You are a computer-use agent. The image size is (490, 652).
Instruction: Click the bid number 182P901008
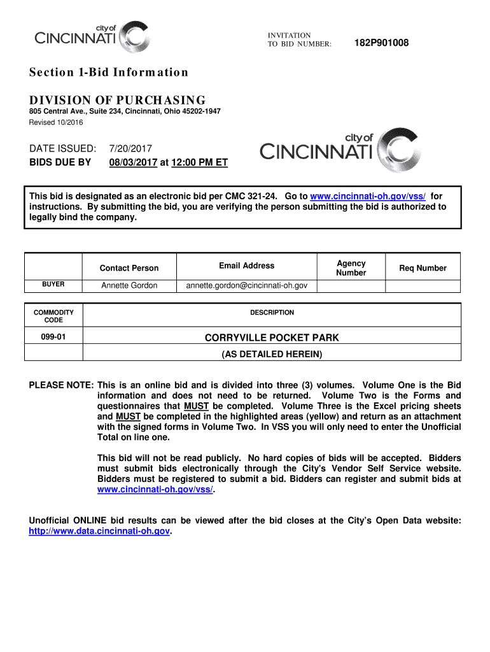pos(381,43)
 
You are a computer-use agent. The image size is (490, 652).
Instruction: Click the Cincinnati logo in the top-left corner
pos(93,38)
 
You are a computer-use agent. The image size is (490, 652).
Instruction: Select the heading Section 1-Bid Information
pos(109,72)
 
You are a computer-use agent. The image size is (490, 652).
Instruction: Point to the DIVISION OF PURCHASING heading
pos(118,100)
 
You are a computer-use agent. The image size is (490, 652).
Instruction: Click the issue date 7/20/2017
pos(130,148)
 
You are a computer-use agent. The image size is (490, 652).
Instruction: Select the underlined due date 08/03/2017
pos(133,162)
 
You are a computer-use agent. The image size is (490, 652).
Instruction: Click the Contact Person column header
pos(129,268)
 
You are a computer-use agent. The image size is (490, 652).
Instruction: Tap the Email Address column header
pos(246,266)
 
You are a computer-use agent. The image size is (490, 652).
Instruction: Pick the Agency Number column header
pos(351,268)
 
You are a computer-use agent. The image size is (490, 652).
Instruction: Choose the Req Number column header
pos(423,268)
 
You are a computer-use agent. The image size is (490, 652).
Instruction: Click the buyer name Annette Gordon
pos(129,285)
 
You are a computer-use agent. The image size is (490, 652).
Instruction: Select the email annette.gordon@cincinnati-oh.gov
pos(246,285)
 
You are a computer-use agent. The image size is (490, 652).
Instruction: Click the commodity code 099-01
pos(53,337)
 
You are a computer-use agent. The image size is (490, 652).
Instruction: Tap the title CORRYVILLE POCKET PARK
pos(272,337)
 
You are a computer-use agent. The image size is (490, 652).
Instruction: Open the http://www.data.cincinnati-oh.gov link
pos(100,530)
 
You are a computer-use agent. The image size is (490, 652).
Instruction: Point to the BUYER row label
pos(53,284)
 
